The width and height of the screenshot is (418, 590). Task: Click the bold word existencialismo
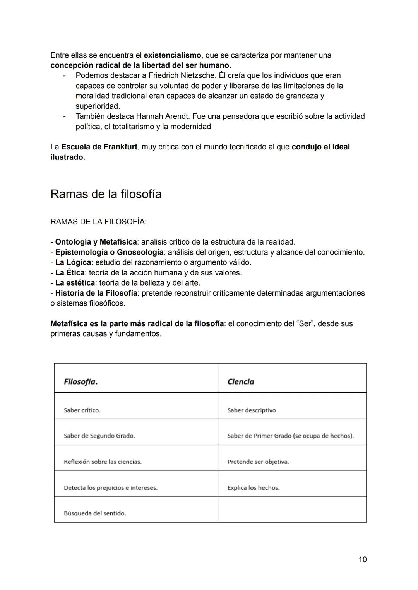(172, 55)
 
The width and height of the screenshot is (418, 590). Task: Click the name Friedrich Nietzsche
(181, 75)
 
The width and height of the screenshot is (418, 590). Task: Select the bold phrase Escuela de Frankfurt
(99, 147)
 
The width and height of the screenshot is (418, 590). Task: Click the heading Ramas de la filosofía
(106, 194)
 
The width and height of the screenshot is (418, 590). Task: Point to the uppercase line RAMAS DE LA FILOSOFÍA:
(98, 222)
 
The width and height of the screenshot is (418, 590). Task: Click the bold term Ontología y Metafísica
(96, 242)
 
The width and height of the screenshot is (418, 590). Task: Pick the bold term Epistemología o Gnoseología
(109, 252)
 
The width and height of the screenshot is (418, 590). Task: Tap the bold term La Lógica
(73, 262)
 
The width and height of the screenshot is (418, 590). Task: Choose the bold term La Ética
(70, 272)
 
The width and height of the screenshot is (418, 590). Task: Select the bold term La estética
(75, 283)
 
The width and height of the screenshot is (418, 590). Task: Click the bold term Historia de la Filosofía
(96, 293)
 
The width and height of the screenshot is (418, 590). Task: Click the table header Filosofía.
(81, 382)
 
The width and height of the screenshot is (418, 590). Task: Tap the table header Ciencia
(241, 382)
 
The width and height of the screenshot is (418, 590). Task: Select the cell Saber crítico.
(82, 410)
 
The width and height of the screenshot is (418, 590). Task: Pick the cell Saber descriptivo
(252, 410)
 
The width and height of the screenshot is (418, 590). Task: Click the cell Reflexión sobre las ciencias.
(103, 462)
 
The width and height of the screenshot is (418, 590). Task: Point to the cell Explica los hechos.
(254, 488)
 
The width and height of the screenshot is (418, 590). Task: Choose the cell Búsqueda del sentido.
(95, 513)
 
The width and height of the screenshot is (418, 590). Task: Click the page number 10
(362, 559)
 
